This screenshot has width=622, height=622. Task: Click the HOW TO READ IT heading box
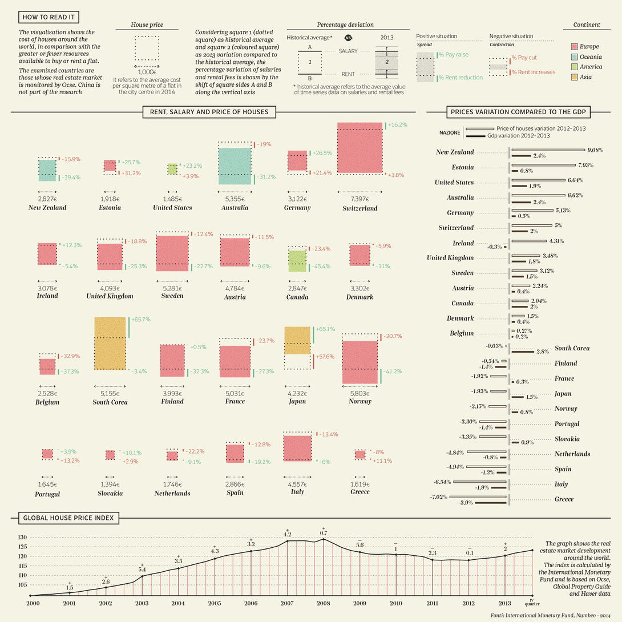(49, 17)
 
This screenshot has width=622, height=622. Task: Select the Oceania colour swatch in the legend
(575, 56)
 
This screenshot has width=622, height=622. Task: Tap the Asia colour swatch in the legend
(575, 77)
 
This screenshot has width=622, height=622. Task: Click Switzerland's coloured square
(360, 147)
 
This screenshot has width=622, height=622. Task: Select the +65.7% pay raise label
(141, 320)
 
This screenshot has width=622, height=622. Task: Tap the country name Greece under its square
(360, 491)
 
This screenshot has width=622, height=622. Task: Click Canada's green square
(297, 261)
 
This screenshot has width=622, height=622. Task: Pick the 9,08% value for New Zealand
(595, 150)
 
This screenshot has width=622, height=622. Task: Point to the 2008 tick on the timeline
(324, 602)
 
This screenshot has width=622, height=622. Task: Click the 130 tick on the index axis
(22, 538)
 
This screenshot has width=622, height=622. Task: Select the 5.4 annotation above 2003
(142, 569)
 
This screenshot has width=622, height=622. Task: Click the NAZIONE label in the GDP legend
(450, 132)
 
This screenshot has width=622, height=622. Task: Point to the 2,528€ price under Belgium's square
(47, 393)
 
